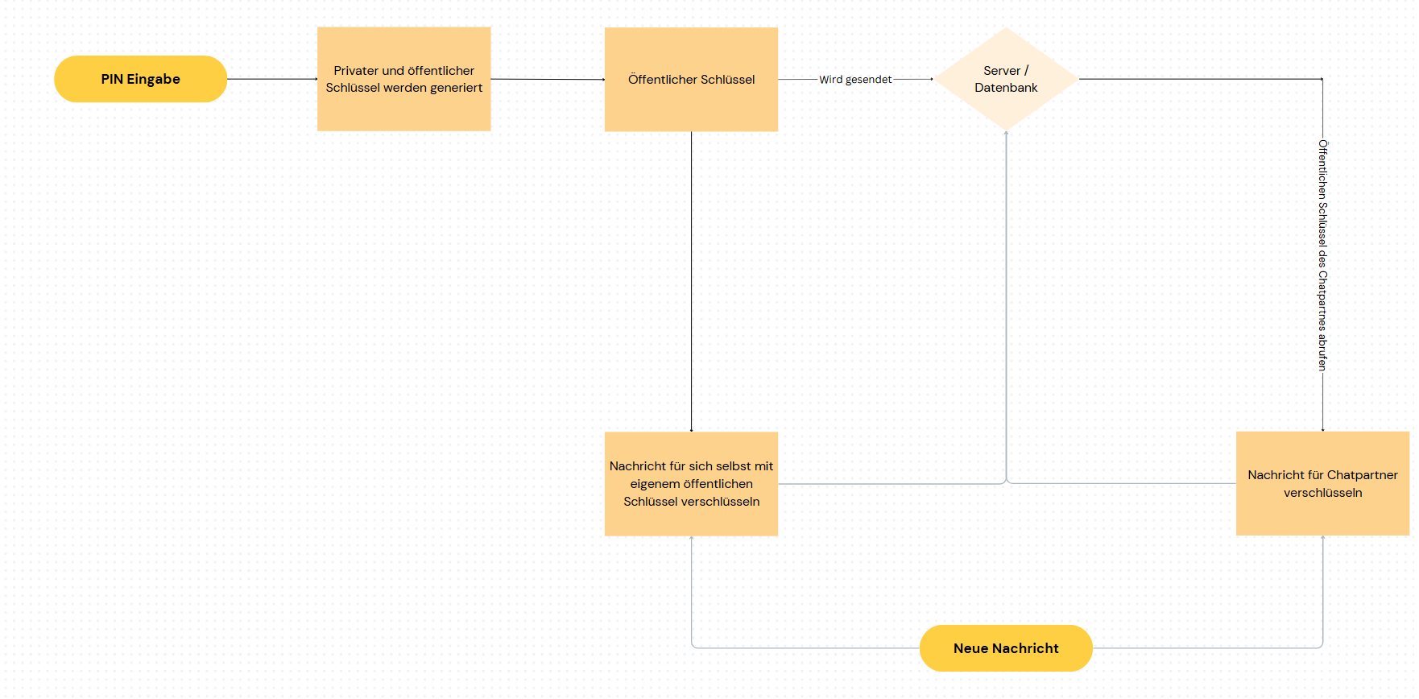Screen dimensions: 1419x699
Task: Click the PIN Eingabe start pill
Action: (140, 79)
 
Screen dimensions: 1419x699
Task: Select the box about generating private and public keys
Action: (403, 79)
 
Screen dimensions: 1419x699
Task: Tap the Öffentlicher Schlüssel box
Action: (691, 79)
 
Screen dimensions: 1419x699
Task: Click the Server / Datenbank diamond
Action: (1006, 79)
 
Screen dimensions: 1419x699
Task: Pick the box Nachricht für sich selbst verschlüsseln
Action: (691, 484)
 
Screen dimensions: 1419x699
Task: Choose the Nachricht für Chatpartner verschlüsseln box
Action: (1322, 483)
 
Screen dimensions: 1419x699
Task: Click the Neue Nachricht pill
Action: (1006, 648)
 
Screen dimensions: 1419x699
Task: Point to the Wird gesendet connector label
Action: (855, 80)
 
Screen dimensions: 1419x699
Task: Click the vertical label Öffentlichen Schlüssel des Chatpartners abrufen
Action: (1322, 255)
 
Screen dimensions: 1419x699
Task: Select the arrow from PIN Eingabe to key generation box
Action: (272, 79)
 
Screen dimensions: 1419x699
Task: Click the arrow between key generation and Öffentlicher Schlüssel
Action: (548, 79)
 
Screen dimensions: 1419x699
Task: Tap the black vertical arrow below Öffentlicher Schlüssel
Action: (691, 282)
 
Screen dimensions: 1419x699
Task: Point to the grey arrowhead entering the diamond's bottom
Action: (1006, 133)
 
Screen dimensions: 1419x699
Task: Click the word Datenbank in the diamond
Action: (1006, 88)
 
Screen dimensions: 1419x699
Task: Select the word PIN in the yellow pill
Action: (112, 79)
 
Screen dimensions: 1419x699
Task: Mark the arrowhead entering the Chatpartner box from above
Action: (1322, 429)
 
